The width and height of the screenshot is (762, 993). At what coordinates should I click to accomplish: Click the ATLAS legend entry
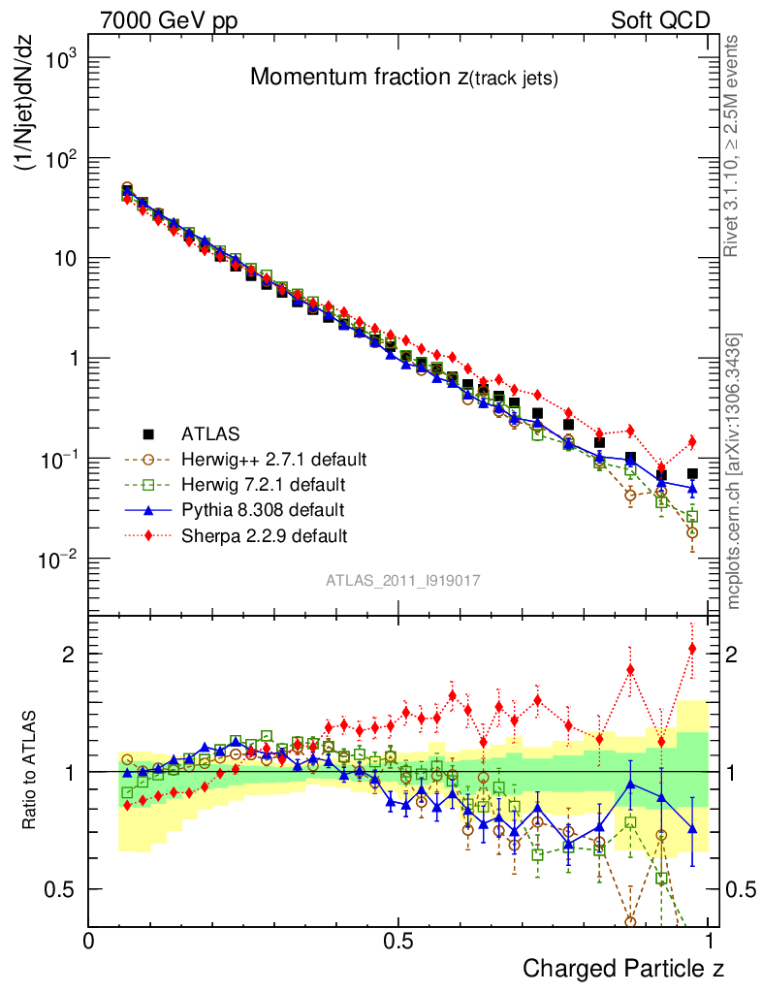click(210, 433)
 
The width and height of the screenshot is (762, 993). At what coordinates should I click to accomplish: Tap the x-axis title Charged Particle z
click(623, 968)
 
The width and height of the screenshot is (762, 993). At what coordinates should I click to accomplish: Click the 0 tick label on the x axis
click(89, 941)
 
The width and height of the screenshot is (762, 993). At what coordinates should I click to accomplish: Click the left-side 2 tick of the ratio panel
click(68, 654)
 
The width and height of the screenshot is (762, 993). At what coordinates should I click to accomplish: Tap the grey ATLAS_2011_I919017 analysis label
click(403, 581)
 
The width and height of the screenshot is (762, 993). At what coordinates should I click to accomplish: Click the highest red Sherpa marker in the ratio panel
click(692, 649)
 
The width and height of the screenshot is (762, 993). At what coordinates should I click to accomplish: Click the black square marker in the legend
click(148, 433)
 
